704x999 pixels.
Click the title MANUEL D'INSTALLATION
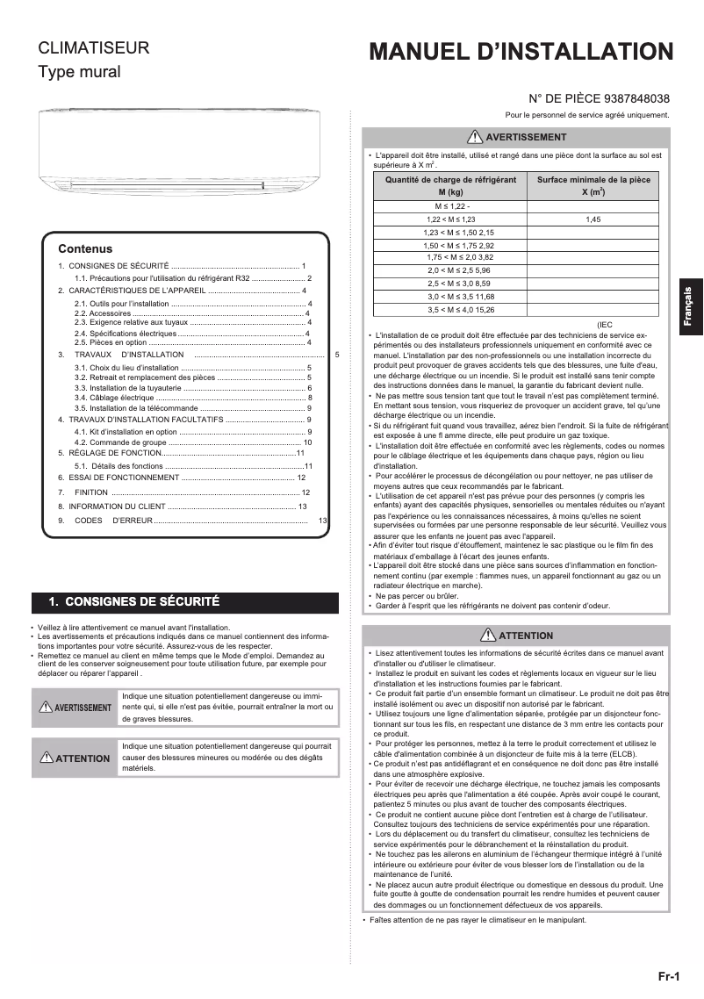521,53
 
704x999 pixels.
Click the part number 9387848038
630,99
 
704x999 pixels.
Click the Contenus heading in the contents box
85,249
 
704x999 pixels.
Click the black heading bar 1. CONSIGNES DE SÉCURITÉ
184,602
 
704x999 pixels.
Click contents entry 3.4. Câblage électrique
108,398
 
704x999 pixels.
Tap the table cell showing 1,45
593,219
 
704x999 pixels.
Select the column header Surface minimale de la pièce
593,184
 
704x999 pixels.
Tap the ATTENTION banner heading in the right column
517,636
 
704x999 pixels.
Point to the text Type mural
78,72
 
